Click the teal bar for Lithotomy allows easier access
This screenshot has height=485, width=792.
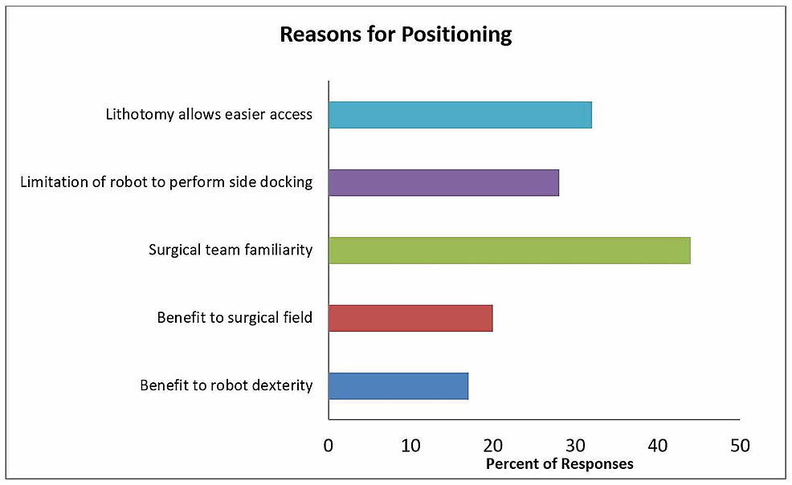[x=459, y=115]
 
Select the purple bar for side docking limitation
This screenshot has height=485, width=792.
[x=443, y=183]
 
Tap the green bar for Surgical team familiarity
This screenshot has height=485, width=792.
[x=508, y=251]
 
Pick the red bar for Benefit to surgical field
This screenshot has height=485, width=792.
[x=410, y=319]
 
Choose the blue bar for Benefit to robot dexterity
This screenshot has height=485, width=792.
[x=398, y=386]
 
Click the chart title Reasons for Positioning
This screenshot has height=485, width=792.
[x=395, y=35]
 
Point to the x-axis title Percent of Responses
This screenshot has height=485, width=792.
[x=559, y=464]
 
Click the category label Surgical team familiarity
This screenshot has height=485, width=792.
[x=231, y=251]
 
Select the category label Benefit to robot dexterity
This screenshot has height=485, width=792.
[x=226, y=386]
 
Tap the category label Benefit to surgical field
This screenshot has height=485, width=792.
[x=235, y=319]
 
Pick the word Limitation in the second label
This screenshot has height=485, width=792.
[x=53, y=183]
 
